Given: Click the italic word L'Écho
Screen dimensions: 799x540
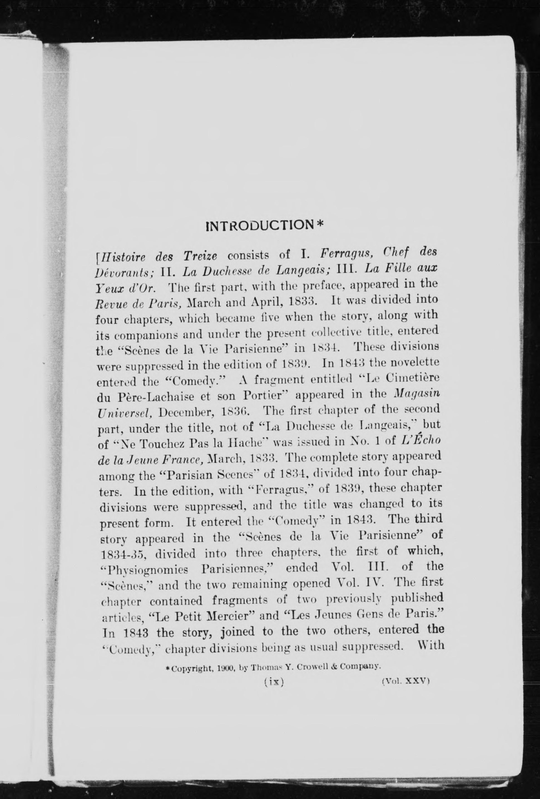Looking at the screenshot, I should [421, 440].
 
